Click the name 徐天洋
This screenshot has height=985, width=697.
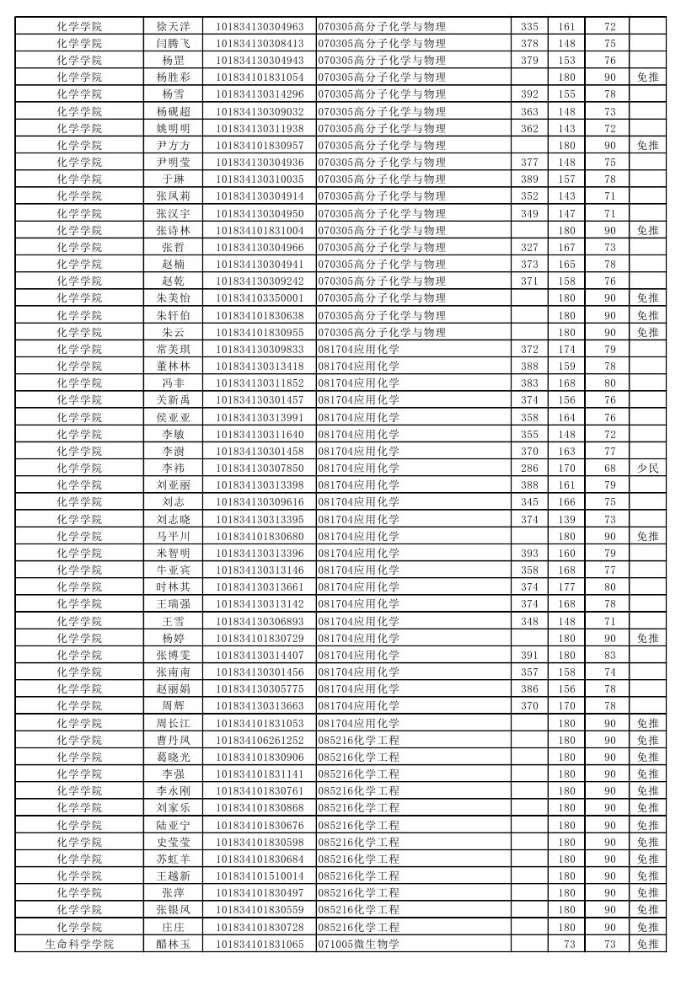coord(173,26)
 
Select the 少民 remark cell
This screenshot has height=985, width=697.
coord(647,468)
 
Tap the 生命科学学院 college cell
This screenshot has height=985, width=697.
coord(79,944)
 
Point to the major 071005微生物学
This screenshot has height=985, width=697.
coord(358,944)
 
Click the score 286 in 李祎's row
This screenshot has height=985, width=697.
coord(529,468)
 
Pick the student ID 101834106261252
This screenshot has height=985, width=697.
coord(260,740)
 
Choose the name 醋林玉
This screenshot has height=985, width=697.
coord(173,944)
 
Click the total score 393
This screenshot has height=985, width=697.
coord(529,553)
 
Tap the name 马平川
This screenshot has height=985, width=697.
coord(173,536)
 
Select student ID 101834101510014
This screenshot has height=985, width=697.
coord(260,875)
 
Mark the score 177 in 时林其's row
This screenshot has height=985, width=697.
coord(566,586)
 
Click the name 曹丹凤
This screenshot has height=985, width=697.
coord(173,740)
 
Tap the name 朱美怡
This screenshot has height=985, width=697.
coord(173,297)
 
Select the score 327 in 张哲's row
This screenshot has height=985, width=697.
coord(529,247)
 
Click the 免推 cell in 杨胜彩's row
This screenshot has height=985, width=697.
coord(647,77)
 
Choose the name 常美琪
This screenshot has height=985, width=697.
coord(173,349)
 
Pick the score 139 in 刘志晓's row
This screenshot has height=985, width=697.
coord(566,519)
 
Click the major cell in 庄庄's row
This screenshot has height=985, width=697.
coord(358,927)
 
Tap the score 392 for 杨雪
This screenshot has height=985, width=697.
coord(529,94)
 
